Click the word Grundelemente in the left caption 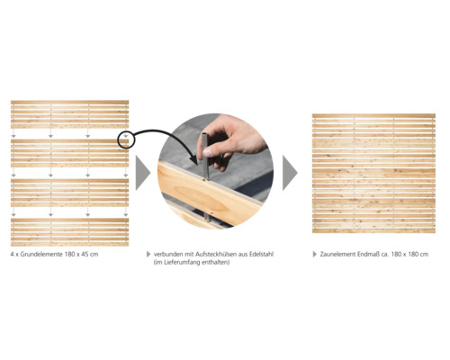point(41,255)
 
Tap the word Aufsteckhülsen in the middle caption point(216,255)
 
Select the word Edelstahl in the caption point(261,255)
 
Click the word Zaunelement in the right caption point(337,255)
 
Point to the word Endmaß point(367,255)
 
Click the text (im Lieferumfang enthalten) point(192,262)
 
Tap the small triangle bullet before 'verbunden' point(148,255)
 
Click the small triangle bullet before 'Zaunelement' point(314,255)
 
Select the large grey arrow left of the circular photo point(142,173)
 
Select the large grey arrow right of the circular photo point(290,173)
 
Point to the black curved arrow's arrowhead point(194,160)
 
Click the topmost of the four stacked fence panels point(69,114)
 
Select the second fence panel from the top point(69,153)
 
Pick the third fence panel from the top point(69,193)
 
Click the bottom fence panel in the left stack point(69,232)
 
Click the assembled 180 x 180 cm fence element point(373,174)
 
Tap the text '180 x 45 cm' point(81,255)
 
